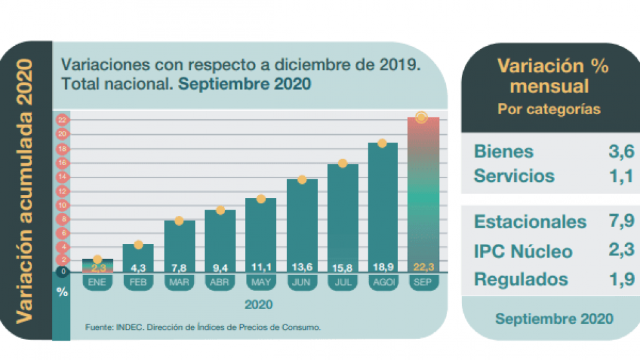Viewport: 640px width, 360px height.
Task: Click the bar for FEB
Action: tap(138, 258)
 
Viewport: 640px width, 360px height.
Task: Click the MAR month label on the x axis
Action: tap(179, 282)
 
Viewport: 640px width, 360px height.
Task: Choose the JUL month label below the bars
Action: tap(342, 282)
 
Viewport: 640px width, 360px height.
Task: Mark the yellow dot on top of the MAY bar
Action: tap(261, 199)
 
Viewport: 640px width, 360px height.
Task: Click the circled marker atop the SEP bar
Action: tap(421, 117)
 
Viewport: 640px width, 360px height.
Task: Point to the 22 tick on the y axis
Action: tap(63, 121)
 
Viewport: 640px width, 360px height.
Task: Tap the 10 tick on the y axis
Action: tap(63, 205)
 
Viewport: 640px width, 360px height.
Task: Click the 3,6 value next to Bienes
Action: tap(621, 152)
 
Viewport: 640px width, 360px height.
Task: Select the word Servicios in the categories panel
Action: tap(514, 175)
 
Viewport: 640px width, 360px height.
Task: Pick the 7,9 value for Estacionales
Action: tap(621, 222)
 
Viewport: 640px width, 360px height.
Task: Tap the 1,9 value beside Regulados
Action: tap(621, 279)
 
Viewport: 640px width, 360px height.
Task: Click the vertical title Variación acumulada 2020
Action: tap(25, 190)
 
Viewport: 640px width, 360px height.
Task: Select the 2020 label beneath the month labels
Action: tap(258, 304)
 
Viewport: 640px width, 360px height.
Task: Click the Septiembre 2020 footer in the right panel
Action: tap(554, 319)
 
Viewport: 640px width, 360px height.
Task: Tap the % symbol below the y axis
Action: tap(62, 292)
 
